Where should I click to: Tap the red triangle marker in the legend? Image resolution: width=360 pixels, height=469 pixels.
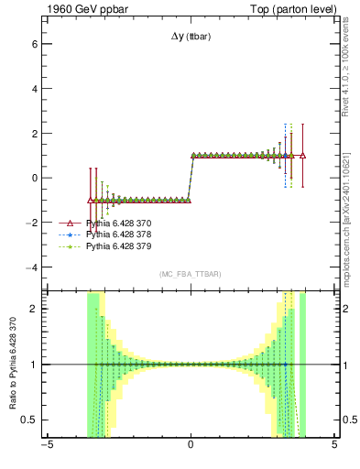coord(71,223)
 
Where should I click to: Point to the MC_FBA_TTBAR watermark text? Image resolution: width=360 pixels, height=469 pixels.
coord(190,275)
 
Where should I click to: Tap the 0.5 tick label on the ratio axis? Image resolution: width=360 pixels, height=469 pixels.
coord(29,420)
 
